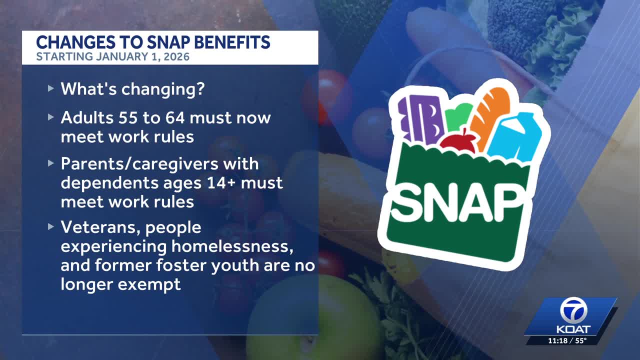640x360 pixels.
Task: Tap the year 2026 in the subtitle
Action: point(178,56)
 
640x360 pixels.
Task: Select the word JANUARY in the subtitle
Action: point(120,56)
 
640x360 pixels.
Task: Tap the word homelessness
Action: point(232,246)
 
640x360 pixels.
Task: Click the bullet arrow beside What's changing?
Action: point(51,88)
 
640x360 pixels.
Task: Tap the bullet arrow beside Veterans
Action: point(51,226)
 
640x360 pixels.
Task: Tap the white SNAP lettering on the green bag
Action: point(457,202)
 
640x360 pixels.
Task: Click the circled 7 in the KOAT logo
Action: point(573,311)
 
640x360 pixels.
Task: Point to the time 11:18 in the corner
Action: point(557,340)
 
